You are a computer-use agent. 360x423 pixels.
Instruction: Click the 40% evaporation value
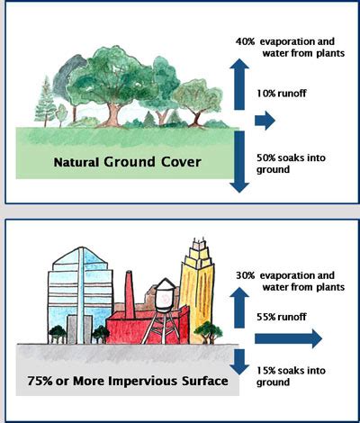tap(245, 41)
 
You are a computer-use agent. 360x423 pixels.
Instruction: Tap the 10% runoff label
tap(281, 94)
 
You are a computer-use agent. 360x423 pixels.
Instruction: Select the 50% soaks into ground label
tap(291, 164)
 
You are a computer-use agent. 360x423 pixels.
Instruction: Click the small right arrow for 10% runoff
tap(265, 121)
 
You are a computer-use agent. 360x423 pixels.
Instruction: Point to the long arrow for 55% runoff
tap(288, 338)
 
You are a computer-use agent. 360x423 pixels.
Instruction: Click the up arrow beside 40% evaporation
tap(239, 84)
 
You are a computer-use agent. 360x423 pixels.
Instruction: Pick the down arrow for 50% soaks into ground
tap(239, 162)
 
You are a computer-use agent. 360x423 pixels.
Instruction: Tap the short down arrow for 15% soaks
tap(239, 362)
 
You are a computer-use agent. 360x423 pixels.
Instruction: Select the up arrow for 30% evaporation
tap(239, 307)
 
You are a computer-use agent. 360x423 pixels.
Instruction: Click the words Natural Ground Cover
tap(127, 162)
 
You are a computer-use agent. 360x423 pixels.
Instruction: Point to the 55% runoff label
tap(281, 317)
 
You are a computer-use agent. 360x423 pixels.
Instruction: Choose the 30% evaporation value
tap(245, 275)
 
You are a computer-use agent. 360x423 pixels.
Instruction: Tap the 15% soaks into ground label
tap(291, 376)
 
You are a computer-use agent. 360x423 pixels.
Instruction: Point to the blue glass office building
tap(80, 295)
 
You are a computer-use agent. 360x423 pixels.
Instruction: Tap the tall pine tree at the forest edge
tap(45, 102)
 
